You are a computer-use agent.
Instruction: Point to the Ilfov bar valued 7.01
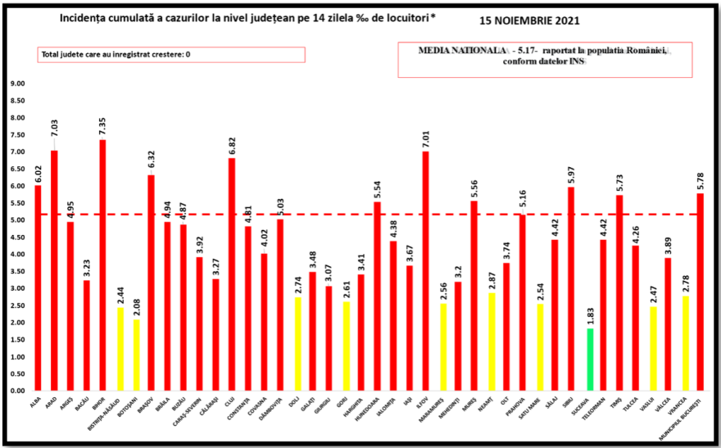[x=426, y=271]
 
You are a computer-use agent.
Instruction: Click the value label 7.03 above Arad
[x=54, y=129]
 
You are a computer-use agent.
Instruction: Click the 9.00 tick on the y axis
[x=17, y=84]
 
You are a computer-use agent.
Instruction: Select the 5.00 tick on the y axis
[x=17, y=220]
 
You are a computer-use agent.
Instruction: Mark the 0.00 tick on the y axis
[x=17, y=391]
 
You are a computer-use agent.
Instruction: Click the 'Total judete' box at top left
[x=170, y=55]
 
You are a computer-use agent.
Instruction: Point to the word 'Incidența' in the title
[x=86, y=18]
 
